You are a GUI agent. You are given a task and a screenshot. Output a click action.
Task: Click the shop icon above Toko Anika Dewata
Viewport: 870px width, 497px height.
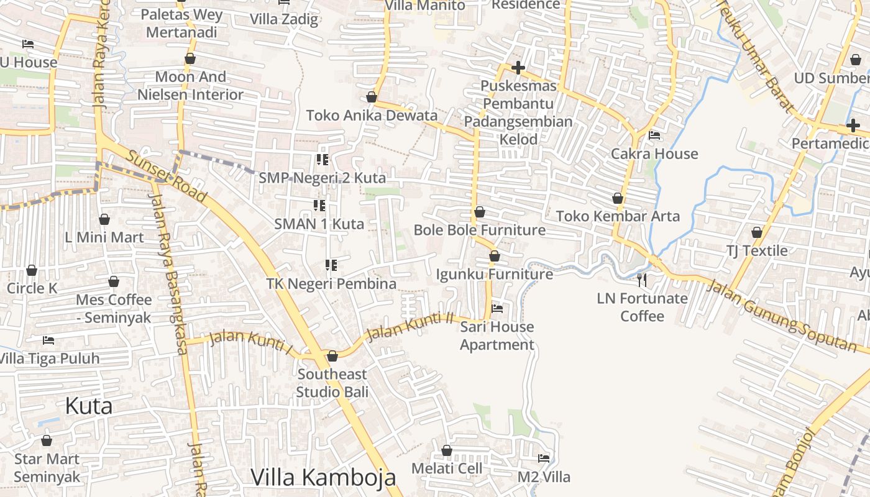(372, 97)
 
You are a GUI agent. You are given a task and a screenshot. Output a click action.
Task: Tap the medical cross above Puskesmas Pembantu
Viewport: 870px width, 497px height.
(518, 68)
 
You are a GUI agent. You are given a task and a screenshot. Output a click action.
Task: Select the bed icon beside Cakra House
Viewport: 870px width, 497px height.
(654, 135)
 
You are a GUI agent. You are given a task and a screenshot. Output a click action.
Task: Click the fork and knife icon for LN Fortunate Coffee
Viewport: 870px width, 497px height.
(642, 280)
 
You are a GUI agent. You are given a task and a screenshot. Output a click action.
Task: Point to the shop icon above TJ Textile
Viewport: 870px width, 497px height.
(757, 232)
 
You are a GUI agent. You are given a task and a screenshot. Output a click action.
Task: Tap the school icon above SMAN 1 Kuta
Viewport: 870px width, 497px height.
(320, 205)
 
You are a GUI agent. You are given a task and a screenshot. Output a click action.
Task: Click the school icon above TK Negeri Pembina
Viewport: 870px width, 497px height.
(331, 265)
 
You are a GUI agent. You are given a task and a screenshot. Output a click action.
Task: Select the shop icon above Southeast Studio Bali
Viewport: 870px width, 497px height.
(332, 356)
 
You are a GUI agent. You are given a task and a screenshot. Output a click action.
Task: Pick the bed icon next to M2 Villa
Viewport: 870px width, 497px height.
(544, 458)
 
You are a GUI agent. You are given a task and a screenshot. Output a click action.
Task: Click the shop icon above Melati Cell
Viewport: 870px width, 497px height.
(447, 450)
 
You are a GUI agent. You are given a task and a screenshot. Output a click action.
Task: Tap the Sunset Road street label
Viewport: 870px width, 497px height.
(166, 176)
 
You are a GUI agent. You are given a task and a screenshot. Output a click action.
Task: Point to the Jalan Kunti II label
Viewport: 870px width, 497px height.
(410, 326)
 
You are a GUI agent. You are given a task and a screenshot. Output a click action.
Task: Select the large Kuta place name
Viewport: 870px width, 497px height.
(89, 406)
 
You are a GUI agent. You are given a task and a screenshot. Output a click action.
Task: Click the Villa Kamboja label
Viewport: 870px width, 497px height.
(323, 477)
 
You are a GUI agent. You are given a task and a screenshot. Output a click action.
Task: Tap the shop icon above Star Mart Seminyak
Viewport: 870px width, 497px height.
(47, 440)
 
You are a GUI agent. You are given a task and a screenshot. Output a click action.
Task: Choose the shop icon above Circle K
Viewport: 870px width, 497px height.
(32, 270)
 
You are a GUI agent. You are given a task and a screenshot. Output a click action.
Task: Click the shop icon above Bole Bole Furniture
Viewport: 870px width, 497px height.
(480, 212)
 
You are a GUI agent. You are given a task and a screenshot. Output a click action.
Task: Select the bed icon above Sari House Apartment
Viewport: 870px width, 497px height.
(497, 308)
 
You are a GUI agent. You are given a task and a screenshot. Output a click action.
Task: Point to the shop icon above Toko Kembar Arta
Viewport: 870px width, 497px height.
(618, 198)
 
